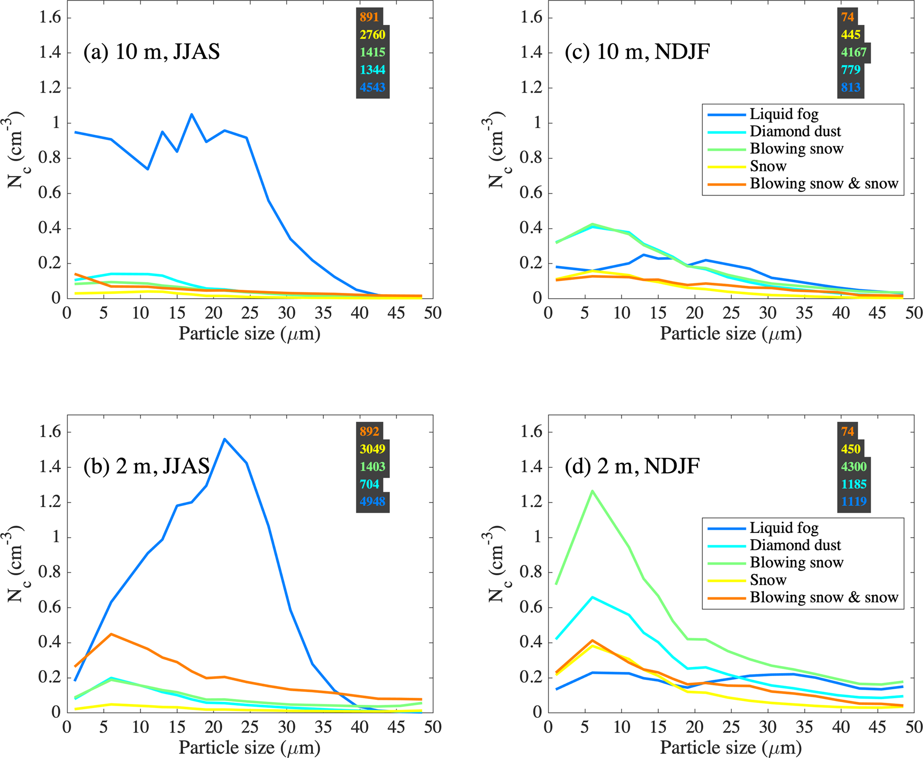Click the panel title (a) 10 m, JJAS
point(151,52)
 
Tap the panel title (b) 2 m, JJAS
point(146,466)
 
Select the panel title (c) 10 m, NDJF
point(637,52)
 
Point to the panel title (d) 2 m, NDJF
point(632,466)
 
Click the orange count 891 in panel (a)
point(369,17)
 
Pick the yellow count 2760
point(372,34)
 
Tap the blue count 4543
point(372,87)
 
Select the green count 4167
point(854,52)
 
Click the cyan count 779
point(851,70)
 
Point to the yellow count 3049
point(372,449)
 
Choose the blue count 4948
point(372,501)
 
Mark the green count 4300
point(854,466)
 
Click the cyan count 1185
point(854,484)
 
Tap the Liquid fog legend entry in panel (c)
point(784,114)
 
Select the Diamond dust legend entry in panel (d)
point(795,545)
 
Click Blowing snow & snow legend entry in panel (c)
point(824,183)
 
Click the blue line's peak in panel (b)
point(225,439)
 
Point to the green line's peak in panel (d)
point(592,491)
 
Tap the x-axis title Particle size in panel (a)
point(249,333)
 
